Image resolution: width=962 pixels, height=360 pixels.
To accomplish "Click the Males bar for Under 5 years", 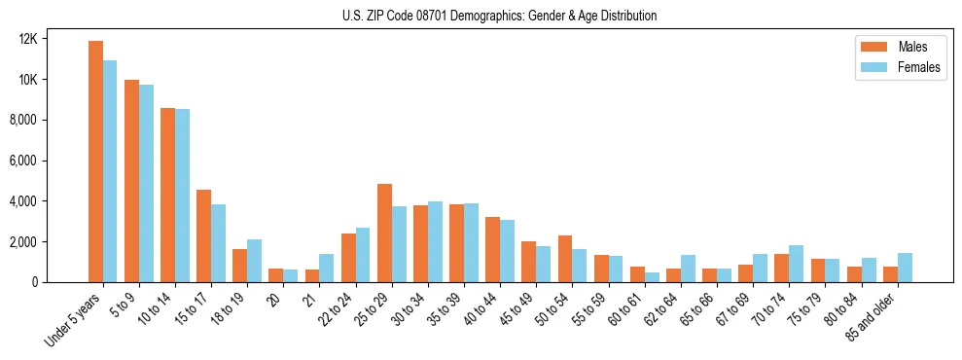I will click(95, 162).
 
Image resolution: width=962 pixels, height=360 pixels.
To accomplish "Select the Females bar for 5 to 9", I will click(146, 183).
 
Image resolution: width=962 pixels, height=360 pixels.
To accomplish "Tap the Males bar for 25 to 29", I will click(384, 233).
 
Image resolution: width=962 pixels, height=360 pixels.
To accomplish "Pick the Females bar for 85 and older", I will click(905, 268).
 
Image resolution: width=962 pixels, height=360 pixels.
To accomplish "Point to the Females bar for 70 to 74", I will click(797, 264).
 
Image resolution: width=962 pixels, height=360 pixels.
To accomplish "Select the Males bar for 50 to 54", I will click(565, 259).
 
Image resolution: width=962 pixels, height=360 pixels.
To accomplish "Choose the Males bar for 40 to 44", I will click(492, 249).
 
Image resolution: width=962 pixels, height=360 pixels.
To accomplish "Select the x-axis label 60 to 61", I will click(626, 309).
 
